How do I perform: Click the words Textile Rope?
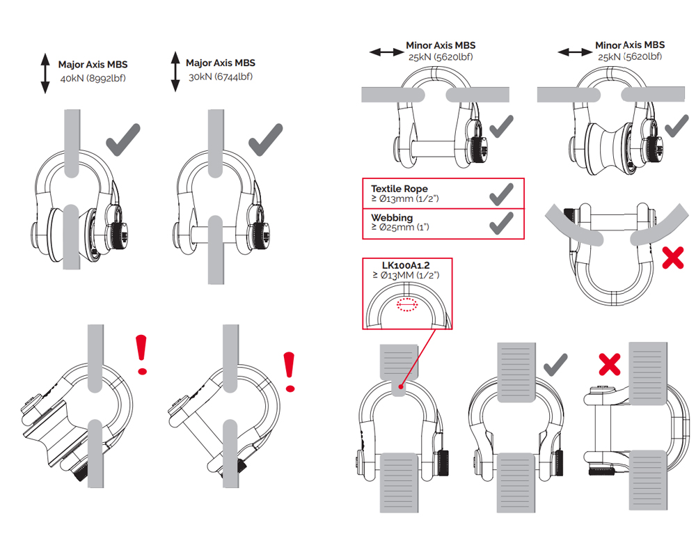tap(399, 189)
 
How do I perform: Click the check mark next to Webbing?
tap(501, 223)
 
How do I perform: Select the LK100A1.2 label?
tap(406, 266)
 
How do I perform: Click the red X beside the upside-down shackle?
tap(672, 258)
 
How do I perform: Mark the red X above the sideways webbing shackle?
tap(610, 362)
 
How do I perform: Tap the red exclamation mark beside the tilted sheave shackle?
tap(143, 354)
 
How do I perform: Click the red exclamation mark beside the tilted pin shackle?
tap(290, 371)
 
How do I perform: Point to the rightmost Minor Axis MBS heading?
tap(629, 45)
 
